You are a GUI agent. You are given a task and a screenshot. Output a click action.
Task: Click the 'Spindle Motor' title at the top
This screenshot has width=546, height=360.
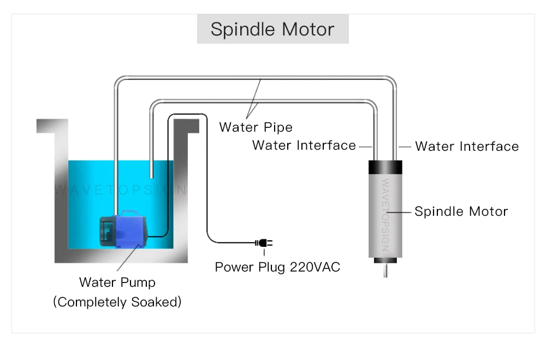pyautogui.click(x=272, y=29)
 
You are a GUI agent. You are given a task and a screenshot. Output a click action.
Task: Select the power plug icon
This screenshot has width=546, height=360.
pyautogui.click(x=264, y=243)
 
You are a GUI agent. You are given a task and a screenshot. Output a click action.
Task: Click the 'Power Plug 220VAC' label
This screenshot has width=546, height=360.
pyautogui.click(x=277, y=267)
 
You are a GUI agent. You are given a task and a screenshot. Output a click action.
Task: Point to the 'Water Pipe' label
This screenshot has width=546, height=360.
pyautogui.click(x=256, y=127)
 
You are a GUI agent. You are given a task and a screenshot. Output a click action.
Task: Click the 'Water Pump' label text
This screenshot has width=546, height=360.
pyautogui.click(x=117, y=282)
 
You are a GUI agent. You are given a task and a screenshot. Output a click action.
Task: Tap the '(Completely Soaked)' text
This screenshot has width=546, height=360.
pyautogui.click(x=117, y=302)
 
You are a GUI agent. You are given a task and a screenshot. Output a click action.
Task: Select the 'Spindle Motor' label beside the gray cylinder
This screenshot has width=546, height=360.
pyautogui.click(x=461, y=211)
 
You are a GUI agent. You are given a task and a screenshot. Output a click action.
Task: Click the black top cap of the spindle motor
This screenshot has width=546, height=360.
pyautogui.click(x=385, y=167)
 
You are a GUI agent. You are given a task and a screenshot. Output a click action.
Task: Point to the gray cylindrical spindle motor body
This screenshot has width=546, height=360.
pyautogui.click(x=385, y=216)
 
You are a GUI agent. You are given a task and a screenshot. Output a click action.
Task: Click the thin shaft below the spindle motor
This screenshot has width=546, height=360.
pyautogui.click(x=385, y=270)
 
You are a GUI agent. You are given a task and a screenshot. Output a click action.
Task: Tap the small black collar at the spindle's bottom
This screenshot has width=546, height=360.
pyautogui.click(x=385, y=261)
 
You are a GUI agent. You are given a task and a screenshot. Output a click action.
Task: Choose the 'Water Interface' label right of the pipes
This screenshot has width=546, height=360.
pyautogui.click(x=467, y=146)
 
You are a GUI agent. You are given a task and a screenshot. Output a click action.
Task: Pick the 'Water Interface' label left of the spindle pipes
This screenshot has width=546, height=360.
pyautogui.click(x=304, y=145)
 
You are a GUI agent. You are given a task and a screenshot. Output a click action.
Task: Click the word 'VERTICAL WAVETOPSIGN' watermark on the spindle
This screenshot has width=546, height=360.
pyautogui.click(x=385, y=215)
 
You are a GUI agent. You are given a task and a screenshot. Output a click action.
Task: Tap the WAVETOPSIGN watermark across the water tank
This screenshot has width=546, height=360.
pyautogui.click(x=121, y=190)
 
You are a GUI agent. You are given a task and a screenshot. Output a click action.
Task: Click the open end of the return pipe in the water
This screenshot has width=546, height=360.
pyautogui.click(x=151, y=176)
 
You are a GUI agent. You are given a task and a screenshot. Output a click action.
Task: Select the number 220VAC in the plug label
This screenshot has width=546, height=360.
pyautogui.click(x=315, y=267)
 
